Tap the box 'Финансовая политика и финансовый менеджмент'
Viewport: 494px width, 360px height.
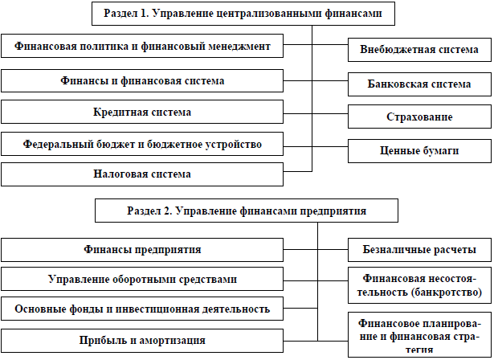point(143,47)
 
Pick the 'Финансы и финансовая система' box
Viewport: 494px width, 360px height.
point(143,81)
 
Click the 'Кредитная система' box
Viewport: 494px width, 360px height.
point(143,112)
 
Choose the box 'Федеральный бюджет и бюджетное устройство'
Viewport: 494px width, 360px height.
point(143,145)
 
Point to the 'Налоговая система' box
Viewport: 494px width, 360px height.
point(143,174)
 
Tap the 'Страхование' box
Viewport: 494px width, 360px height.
point(419,117)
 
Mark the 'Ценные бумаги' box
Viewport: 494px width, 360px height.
point(419,150)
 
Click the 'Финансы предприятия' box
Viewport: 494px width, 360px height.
point(143,249)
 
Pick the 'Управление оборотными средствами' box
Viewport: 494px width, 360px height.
point(143,279)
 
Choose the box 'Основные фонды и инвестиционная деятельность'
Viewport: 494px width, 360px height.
point(143,309)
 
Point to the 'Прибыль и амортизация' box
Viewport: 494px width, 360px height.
point(143,340)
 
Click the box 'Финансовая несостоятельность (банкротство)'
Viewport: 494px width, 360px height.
point(419,284)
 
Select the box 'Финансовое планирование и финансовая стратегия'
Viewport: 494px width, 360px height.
point(419,333)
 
